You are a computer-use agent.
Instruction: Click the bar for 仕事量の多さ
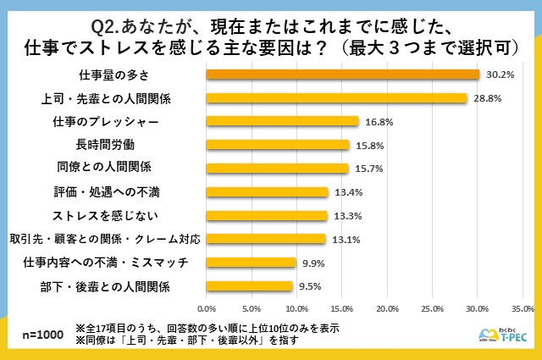[x=343, y=75]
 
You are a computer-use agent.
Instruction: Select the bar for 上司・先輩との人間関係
[x=337, y=98]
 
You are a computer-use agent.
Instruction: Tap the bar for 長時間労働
[x=278, y=145]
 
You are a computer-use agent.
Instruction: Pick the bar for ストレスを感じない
[x=267, y=215]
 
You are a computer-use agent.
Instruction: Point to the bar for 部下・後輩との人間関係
[x=250, y=286]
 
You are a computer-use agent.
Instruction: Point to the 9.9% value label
[x=313, y=263]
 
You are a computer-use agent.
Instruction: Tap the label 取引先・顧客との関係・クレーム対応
[x=105, y=239]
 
